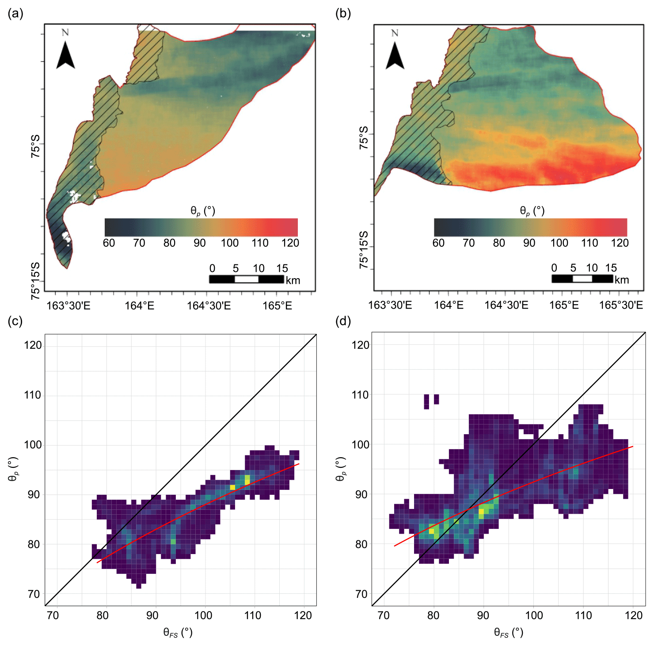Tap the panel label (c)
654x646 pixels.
(15, 321)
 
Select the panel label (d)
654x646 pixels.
(343, 321)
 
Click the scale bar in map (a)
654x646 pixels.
(246, 279)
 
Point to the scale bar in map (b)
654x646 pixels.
(582, 279)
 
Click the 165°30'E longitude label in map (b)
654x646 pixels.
(620, 305)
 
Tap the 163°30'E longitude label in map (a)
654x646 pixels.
(68, 306)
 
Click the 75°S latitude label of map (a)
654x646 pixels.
(35, 146)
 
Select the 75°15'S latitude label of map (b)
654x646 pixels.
(364, 250)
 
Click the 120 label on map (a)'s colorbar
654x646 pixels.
(290, 243)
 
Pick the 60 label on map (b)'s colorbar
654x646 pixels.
(438, 243)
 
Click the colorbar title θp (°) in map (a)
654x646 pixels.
(203, 211)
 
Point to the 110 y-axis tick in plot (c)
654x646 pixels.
(33, 395)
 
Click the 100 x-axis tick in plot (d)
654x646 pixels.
(534, 615)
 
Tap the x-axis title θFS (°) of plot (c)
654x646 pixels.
(178, 633)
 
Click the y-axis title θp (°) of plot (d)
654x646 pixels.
(341, 469)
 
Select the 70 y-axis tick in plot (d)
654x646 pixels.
(361, 594)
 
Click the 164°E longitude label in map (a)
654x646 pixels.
(139, 306)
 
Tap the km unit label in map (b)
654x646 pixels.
(621, 280)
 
